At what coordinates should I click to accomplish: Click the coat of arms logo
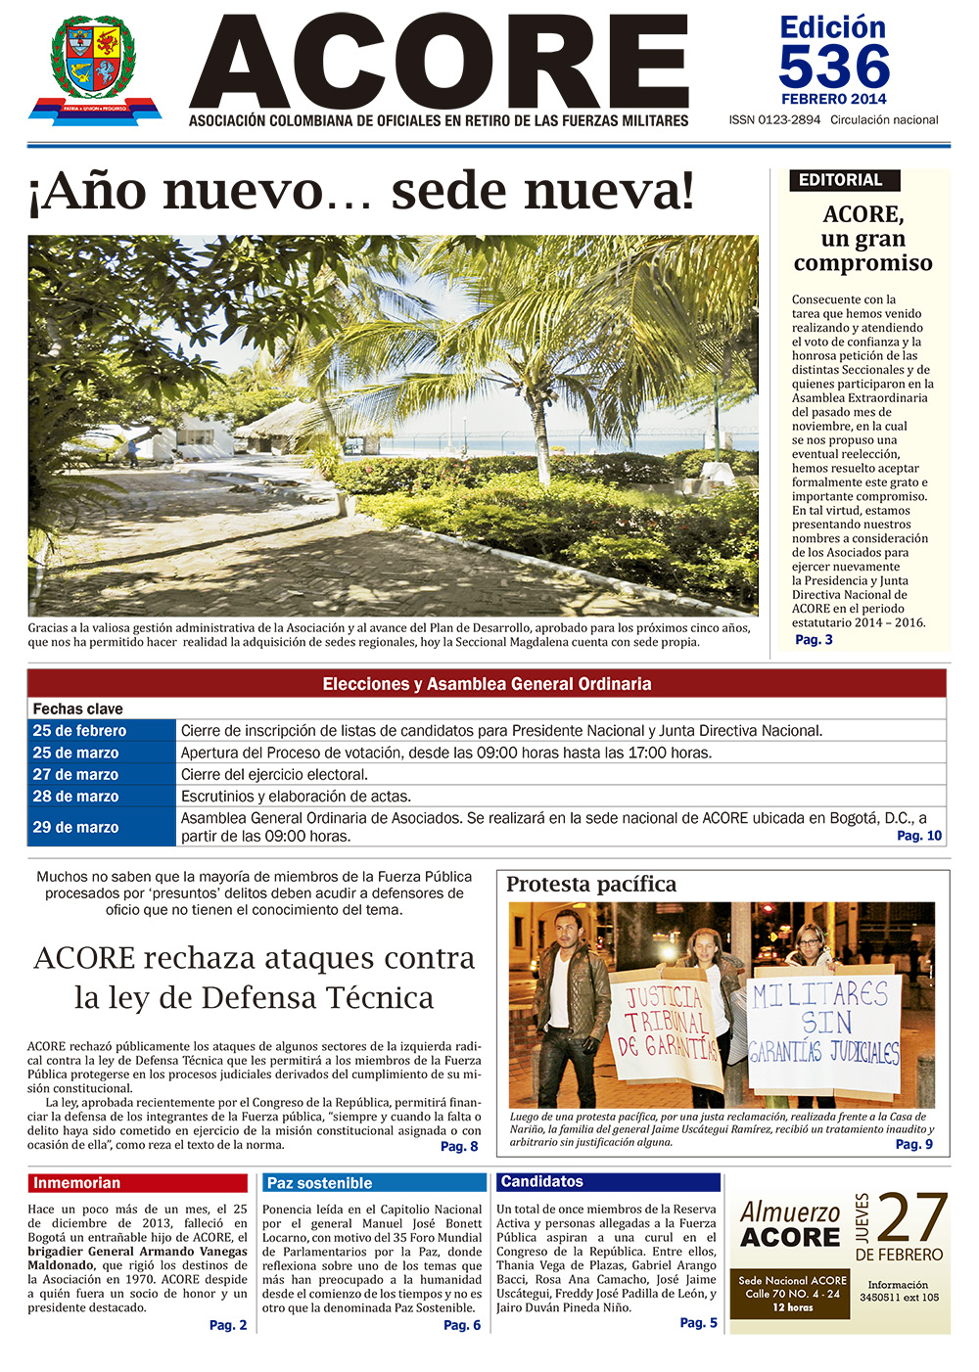(95, 69)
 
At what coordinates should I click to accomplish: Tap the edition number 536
(834, 68)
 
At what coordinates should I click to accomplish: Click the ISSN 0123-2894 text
(774, 120)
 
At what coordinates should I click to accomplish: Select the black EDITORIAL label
(842, 180)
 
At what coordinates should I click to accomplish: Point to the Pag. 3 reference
(814, 640)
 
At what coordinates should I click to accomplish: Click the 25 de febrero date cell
(102, 731)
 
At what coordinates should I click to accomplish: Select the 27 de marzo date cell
(102, 774)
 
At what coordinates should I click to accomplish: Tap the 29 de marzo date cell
(102, 827)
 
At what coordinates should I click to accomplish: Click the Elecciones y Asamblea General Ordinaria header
(487, 684)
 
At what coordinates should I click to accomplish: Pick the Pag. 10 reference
(919, 836)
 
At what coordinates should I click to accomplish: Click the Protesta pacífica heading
(591, 885)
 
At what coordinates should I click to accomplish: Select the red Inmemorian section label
(137, 1183)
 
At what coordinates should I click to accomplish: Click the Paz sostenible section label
(374, 1183)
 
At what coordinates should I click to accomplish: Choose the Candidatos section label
(608, 1182)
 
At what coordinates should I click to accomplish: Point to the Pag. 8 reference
(459, 1147)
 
